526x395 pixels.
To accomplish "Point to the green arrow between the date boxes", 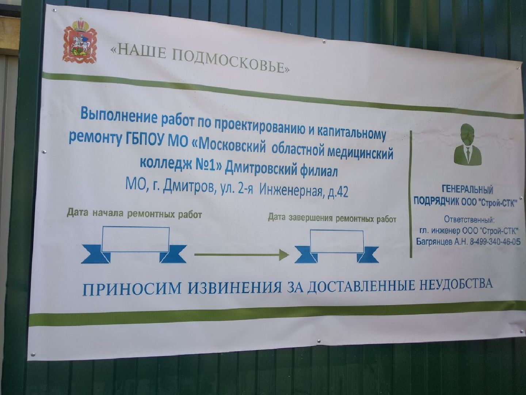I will pyautogui.click(x=241, y=254).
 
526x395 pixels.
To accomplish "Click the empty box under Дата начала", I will pyautogui.click(x=136, y=239).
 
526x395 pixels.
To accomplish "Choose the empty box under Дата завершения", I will pyautogui.click(x=336, y=241).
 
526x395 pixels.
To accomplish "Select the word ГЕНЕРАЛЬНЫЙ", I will pyautogui.click(x=468, y=189).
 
